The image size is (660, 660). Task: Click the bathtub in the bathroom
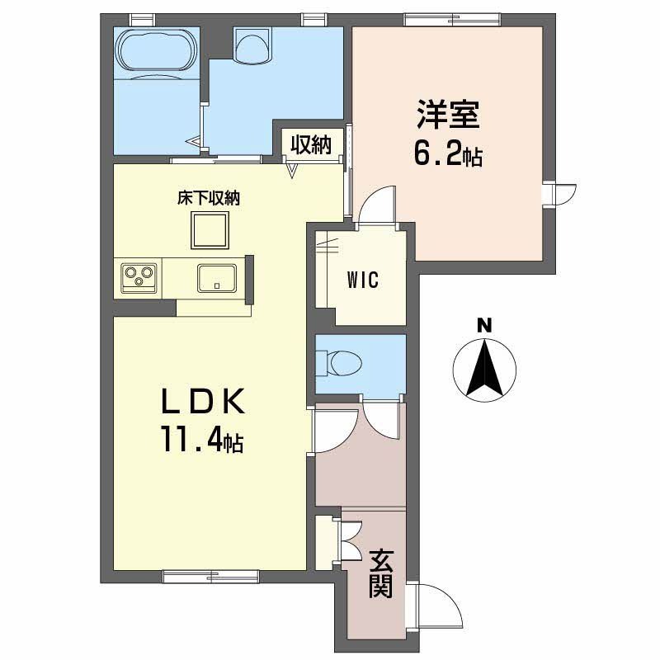pyautogui.click(x=157, y=49)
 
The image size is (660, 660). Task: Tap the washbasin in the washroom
pyautogui.click(x=252, y=44)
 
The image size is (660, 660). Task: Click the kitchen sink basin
pyautogui.click(x=217, y=278)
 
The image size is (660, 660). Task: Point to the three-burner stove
pyautogui.click(x=139, y=278)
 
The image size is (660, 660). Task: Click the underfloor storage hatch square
pyautogui.click(x=210, y=230)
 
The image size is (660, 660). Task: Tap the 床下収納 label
pyautogui.click(x=209, y=198)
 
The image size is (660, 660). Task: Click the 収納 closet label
pyautogui.click(x=312, y=145)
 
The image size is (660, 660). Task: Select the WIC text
pyautogui.click(x=363, y=280)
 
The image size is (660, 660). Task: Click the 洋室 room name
pyautogui.click(x=448, y=114)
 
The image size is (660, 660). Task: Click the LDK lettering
pyautogui.click(x=203, y=401)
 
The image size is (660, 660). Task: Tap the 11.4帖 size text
pyautogui.click(x=201, y=438)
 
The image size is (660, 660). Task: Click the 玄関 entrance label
pyautogui.click(x=381, y=573)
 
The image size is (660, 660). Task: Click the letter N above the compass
pyautogui.click(x=484, y=326)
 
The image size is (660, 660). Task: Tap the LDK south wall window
pyautogui.click(x=210, y=576)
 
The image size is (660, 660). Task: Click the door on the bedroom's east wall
pyautogui.click(x=561, y=195)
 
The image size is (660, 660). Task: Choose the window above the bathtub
pyautogui.click(x=142, y=20)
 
